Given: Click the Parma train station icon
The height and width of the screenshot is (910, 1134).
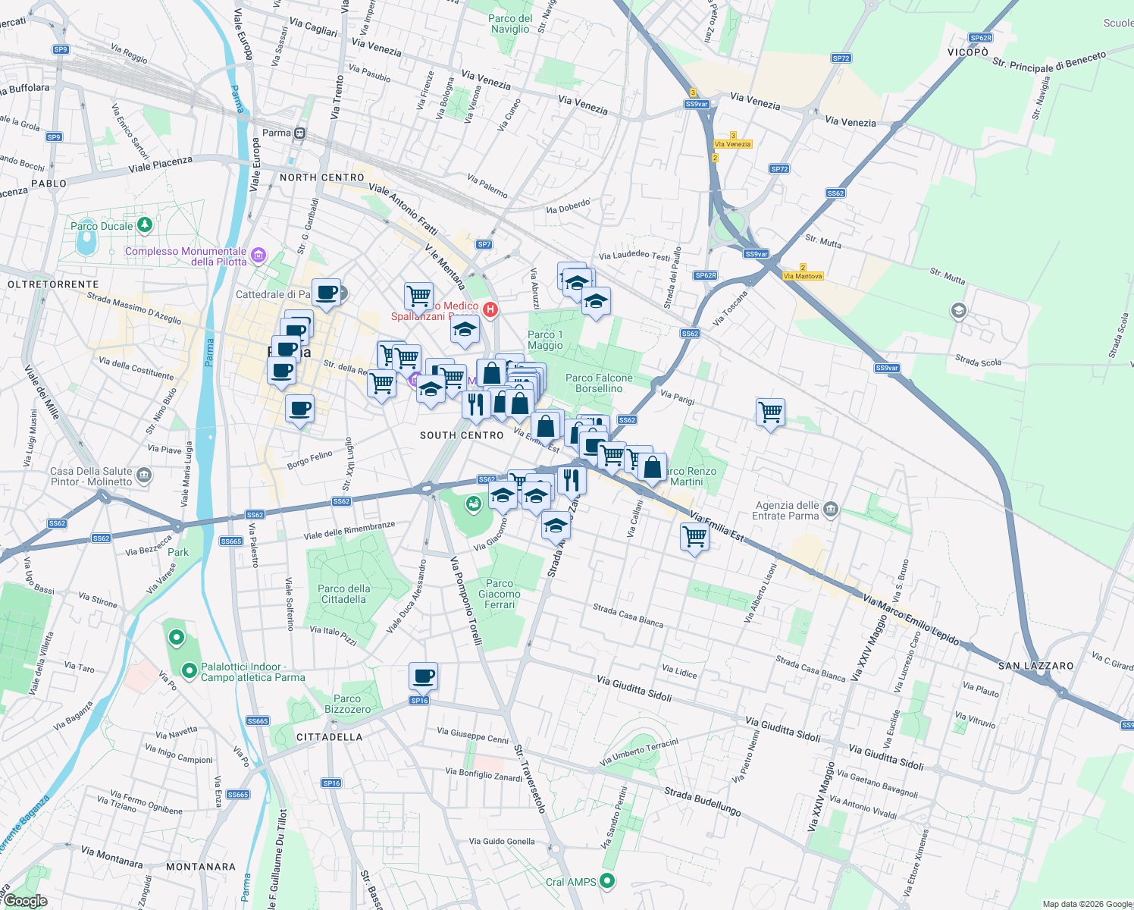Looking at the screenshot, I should click(300, 133).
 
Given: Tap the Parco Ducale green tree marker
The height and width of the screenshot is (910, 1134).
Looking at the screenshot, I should click(145, 225).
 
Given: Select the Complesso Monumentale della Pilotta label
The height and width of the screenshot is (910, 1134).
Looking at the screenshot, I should click(186, 256).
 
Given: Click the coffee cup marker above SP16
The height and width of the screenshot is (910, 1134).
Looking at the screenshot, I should click(424, 675).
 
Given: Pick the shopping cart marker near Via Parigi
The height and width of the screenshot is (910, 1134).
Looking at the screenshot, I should click(770, 412).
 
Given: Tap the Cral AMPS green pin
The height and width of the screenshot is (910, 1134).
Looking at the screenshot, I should click(606, 881).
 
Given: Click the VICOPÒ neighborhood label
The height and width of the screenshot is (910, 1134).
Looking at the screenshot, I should click(968, 52).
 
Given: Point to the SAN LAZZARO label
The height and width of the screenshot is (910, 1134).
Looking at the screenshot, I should click(1035, 666).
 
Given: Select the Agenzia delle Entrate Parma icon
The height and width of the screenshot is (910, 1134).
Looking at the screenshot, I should click(830, 509).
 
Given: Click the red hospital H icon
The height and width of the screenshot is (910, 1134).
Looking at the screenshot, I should click(490, 309).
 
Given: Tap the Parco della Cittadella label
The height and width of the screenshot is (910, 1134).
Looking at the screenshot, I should click(344, 594).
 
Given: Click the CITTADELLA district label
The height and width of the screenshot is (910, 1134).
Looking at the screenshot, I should click(329, 737).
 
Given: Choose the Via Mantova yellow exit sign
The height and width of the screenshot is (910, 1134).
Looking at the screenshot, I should click(803, 276).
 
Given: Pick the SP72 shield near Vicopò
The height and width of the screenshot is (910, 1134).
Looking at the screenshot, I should click(841, 58).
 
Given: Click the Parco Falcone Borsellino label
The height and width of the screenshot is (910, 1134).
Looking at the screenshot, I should click(599, 383).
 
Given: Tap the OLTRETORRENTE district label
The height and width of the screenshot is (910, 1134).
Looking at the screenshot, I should click(53, 284).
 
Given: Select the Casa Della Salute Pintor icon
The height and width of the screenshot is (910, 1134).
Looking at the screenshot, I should click(145, 475).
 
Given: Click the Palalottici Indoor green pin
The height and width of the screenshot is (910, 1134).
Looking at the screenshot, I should click(190, 670).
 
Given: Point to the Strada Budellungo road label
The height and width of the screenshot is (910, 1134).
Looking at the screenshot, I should click(703, 802).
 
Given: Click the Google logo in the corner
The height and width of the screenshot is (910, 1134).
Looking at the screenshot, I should click(26, 901).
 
